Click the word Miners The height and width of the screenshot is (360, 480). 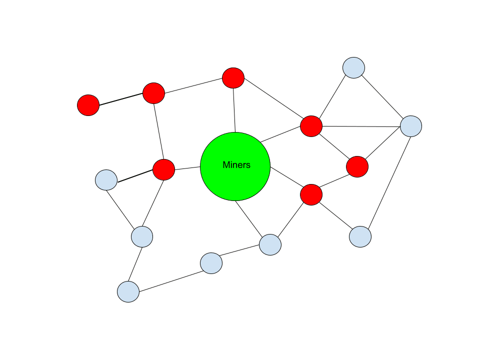click(x=236, y=165)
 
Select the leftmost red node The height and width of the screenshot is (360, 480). click(x=88, y=105)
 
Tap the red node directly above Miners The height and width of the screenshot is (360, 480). click(x=233, y=78)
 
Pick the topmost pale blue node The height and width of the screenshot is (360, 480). click(x=353, y=67)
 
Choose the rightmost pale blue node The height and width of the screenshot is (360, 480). click(x=411, y=126)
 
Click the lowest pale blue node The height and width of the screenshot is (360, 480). click(x=128, y=291)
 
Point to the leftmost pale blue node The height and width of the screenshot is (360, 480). click(x=106, y=180)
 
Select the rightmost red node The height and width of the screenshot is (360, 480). click(x=357, y=166)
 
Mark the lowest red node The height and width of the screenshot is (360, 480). click(x=311, y=194)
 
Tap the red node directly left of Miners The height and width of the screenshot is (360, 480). click(x=163, y=169)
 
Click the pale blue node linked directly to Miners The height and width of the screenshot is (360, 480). click(x=270, y=244)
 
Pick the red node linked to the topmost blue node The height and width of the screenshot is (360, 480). click(x=311, y=125)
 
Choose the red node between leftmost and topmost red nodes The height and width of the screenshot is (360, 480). click(x=153, y=93)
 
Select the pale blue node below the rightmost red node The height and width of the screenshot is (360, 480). click(x=360, y=236)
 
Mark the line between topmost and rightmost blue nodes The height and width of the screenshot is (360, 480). click(x=382, y=97)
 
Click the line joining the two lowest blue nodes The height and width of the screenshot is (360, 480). click(x=170, y=277)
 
